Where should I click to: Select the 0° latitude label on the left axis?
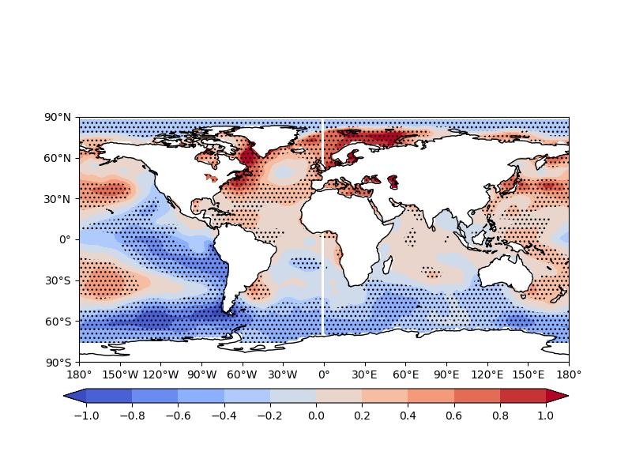[66, 239]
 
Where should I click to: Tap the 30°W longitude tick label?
[283, 374]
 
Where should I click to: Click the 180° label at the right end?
[569, 374]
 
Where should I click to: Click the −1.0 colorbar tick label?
[85, 416]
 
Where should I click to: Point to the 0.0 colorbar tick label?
[316, 416]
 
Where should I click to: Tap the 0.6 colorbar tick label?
[454, 416]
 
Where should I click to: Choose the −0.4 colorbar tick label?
[224, 416]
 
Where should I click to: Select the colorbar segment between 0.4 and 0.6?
[431, 396]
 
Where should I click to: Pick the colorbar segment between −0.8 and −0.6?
[155, 396]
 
